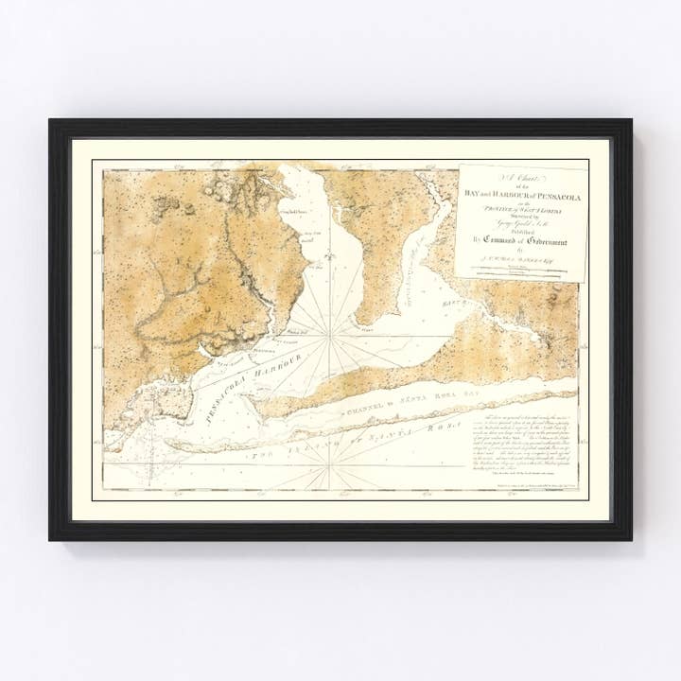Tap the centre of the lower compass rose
tap(329, 462)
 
